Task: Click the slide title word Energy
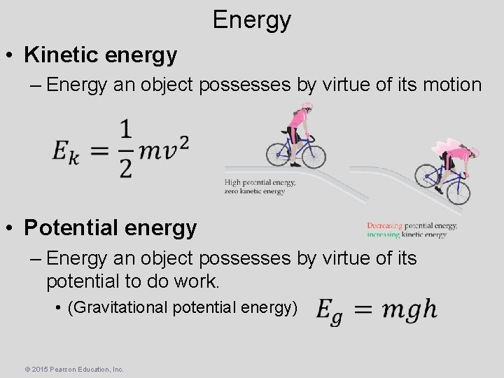pyautogui.click(x=251, y=20)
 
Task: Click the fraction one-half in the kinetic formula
pyautogui.click(x=125, y=148)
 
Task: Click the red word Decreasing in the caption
pyautogui.click(x=384, y=225)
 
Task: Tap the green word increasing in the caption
pyautogui.click(x=384, y=235)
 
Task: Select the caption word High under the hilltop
pyautogui.click(x=232, y=183)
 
